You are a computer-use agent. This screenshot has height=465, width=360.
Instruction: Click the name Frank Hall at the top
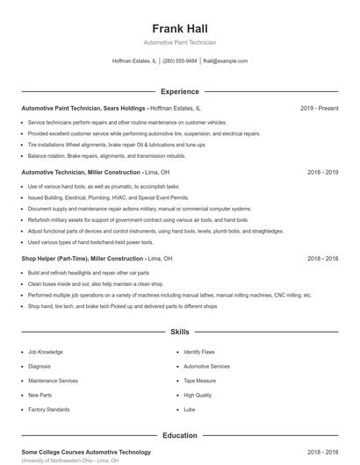click(x=179, y=28)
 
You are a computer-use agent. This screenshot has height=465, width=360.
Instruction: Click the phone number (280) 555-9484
click(x=179, y=61)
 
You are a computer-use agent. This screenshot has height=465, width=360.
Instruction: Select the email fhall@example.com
click(x=225, y=61)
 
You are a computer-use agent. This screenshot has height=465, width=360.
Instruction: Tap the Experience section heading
click(x=179, y=91)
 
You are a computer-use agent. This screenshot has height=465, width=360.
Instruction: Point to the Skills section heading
click(x=179, y=333)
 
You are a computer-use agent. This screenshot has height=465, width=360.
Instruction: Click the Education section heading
click(x=179, y=435)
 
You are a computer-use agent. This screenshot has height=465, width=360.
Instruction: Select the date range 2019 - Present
click(x=319, y=108)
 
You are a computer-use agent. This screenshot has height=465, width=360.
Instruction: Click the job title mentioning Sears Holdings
click(x=83, y=108)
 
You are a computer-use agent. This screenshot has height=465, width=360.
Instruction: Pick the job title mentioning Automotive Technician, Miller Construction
click(x=80, y=173)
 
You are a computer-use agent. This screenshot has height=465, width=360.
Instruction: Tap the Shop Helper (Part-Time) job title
click(x=83, y=259)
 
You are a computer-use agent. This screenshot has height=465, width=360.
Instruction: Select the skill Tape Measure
click(x=200, y=381)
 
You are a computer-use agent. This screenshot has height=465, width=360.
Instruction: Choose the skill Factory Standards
click(x=48, y=410)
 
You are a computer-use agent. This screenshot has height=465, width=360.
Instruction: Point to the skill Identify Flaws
click(x=201, y=352)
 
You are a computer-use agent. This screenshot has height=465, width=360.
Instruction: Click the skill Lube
click(x=191, y=410)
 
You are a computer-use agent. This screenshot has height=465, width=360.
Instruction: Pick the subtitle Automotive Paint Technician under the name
click(x=179, y=42)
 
